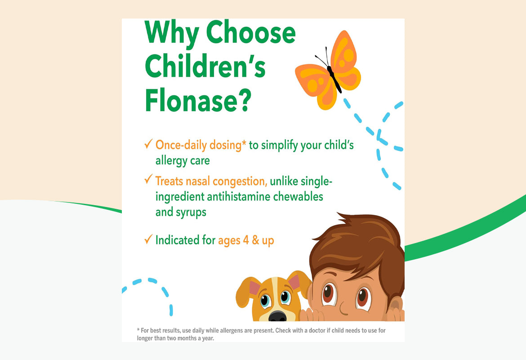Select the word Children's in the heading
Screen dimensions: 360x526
click(205, 67)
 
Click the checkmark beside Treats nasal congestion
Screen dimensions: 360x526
click(148, 180)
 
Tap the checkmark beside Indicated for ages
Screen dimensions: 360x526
click(148, 239)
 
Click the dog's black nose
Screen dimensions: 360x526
click(277, 316)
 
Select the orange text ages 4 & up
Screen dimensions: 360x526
click(246, 240)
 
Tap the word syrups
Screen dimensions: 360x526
click(188, 212)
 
